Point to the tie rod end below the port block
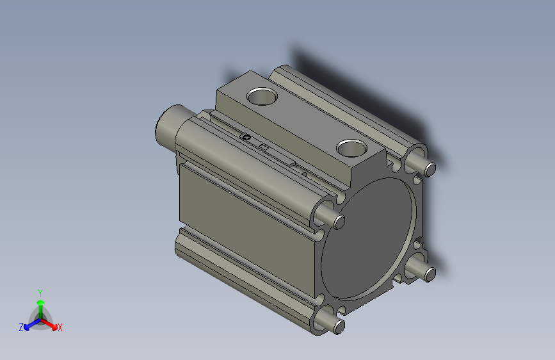[x=339, y=222]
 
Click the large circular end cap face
[x=368, y=237]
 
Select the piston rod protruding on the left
[x=168, y=125]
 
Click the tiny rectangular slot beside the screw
[x=263, y=148]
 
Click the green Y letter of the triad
[x=40, y=292]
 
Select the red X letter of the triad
[x=60, y=328]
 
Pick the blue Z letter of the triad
[x=21, y=327]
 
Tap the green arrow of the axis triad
[x=40, y=304]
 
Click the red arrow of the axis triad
[x=51, y=323]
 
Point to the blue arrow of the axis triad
[x=29, y=324]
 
